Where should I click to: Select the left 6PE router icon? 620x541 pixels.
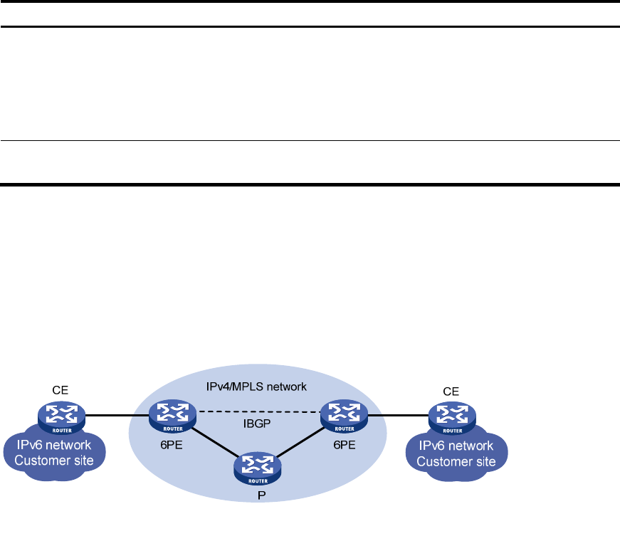pyautogui.click(x=172, y=414)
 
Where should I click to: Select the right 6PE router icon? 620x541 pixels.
pyautogui.click(x=342, y=414)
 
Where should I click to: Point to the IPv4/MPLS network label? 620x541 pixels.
pyautogui.click(x=263, y=387)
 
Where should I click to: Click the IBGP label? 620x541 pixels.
pyautogui.click(x=258, y=424)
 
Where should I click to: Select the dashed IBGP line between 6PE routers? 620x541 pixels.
pyautogui.click(x=257, y=411)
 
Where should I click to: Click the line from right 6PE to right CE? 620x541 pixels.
pyautogui.click(x=396, y=414)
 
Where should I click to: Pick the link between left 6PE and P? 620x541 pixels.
pyautogui.click(x=214, y=441)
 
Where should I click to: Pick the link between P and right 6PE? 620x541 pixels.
pyautogui.click(x=300, y=441)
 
